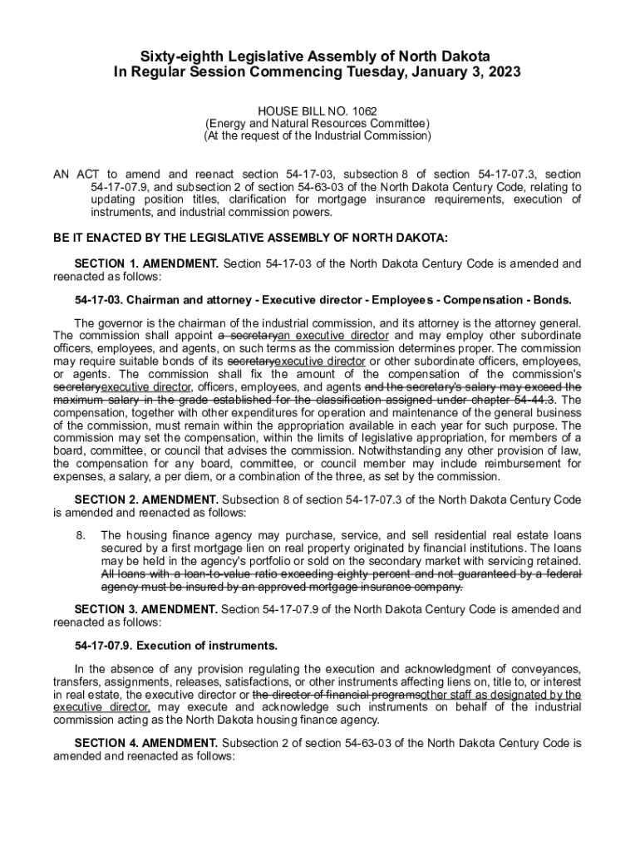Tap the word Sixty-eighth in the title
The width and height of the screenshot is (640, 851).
[177, 56]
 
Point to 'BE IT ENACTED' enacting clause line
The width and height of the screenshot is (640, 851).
[250, 238]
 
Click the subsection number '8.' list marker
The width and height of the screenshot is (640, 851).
[81, 535]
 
